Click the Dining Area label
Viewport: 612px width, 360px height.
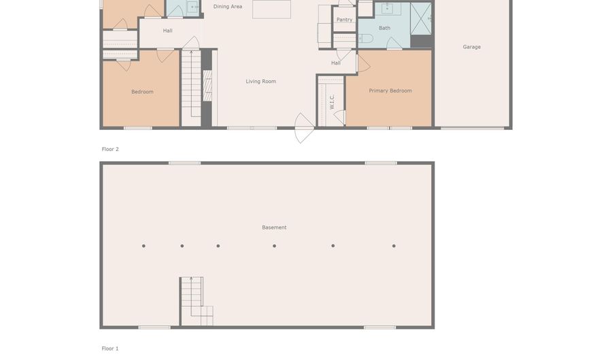227,7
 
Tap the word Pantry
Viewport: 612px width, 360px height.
344,20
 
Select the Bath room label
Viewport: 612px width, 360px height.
384,28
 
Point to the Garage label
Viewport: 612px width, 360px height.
471,47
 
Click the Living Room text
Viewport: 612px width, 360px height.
260,82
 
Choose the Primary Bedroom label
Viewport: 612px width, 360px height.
390,91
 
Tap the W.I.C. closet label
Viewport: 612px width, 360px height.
332,101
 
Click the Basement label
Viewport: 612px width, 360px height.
274,227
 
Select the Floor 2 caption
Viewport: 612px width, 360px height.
110,149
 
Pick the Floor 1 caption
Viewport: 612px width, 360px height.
110,348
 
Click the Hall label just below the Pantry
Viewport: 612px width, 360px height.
336,63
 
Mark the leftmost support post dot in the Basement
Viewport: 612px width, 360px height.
143,246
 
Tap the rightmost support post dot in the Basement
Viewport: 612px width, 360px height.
394,246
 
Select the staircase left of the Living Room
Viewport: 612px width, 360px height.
191,85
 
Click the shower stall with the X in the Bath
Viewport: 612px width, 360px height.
420,18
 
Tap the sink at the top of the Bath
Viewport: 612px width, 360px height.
387,8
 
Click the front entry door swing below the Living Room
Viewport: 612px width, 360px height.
304,128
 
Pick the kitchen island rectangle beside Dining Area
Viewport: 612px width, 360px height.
271,9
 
